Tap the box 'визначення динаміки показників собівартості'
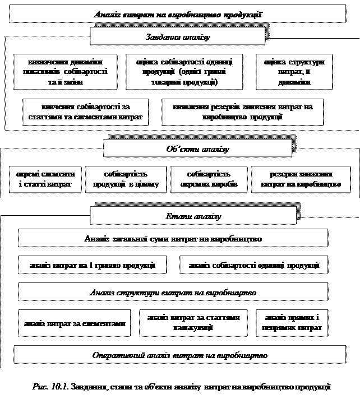click(x=66, y=72)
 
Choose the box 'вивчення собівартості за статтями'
click(x=85, y=112)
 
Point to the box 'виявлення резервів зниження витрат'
click(x=242, y=112)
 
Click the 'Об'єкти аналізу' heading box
click(x=198, y=149)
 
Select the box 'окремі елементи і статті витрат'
click(x=45, y=179)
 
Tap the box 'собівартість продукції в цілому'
click(x=126, y=179)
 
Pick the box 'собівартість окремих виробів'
click(x=209, y=179)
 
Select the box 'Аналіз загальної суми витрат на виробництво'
click(x=173, y=238)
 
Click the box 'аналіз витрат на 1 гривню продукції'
click(x=93, y=265)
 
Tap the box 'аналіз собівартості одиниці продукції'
click(x=253, y=265)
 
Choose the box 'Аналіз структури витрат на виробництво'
click(x=173, y=293)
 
